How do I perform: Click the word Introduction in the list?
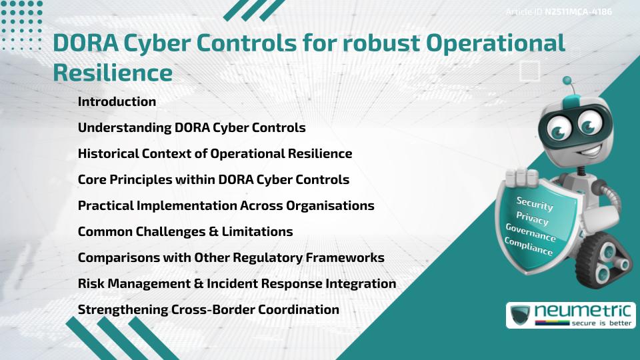pyautogui.click(x=117, y=102)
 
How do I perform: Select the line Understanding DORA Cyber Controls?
pyautogui.click(x=191, y=128)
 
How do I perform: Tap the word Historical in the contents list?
pyautogui.click(x=108, y=154)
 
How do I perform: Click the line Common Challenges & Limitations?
pyautogui.click(x=185, y=232)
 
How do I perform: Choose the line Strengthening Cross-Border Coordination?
pyautogui.click(x=208, y=310)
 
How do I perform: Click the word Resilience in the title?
pyautogui.click(x=112, y=73)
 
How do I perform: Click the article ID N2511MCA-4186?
pyautogui.click(x=578, y=12)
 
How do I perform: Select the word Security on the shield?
pyautogui.click(x=535, y=203)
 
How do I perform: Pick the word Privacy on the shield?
pyautogui.click(x=532, y=219)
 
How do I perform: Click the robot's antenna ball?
pyautogui.click(x=567, y=81)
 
